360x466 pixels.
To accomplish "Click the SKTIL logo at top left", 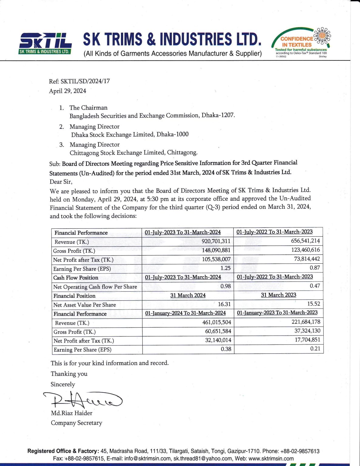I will tap(45, 43).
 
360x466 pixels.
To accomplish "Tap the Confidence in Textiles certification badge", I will tap(301, 42).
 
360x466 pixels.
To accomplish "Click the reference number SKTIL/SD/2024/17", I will tap(85, 81).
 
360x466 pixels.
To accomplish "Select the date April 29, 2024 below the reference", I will tap(68, 91).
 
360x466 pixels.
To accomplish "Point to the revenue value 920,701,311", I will tap(216, 241).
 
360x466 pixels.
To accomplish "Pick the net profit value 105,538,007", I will tap(216, 259).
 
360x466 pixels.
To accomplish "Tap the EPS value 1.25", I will tap(225, 268).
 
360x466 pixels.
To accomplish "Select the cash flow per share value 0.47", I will tap(315, 286).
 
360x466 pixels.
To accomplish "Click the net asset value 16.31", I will tap(224, 304).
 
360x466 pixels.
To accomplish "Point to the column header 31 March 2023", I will tap(278, 295).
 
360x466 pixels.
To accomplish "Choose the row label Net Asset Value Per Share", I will tap(85, 305).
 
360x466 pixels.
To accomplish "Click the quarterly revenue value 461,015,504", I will tap(217, 322).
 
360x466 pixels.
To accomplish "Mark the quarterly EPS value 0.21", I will tap(315, 349).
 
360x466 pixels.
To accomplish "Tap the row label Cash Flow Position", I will tap(76, 278).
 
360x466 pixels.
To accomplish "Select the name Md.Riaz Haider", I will tap(72, 413).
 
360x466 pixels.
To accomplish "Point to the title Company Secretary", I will tap(76, 423).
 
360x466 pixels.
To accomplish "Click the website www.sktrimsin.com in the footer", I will tap(271, 458).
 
